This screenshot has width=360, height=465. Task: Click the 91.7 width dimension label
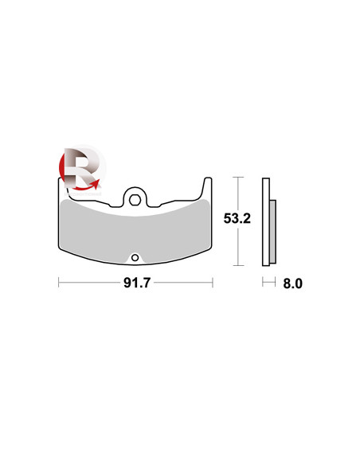[137, 283]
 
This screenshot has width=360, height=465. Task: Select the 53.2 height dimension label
[237, 218]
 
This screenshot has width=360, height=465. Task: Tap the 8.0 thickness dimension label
[292, 283]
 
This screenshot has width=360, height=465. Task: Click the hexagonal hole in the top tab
[135, 200]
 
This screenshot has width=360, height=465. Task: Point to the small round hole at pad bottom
[135, 257]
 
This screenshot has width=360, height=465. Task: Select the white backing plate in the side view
[266, 222]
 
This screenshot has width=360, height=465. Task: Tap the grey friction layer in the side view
[273, 232]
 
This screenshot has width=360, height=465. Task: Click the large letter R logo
[80, 168]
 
